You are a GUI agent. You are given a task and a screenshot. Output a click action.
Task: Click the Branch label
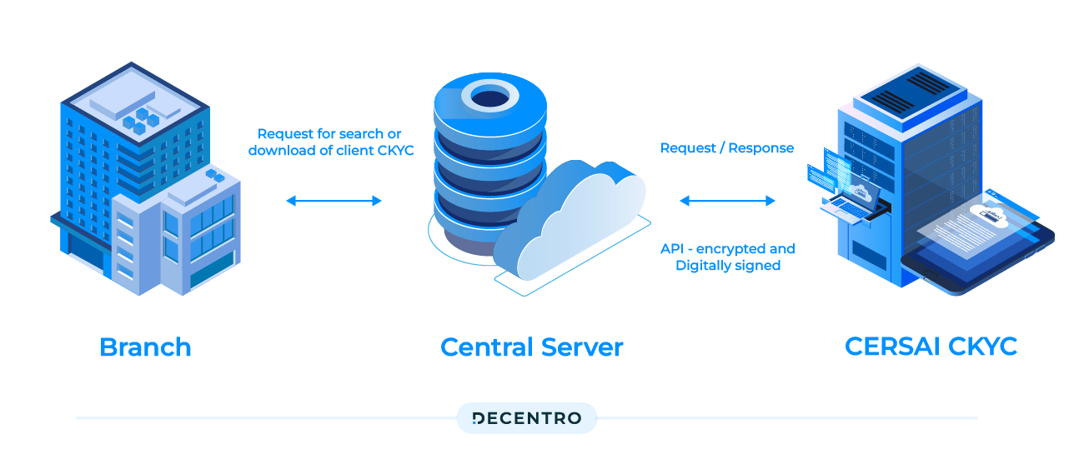[x=145, y=347]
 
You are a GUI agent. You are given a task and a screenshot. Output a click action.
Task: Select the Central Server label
[x=531, y=347]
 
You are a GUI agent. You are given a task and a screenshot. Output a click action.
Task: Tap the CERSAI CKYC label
[x=931, y=346]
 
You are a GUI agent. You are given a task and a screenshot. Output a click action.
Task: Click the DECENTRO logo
[x=526, y=418]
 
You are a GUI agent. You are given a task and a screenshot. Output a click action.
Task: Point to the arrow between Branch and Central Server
[x=334, y=201]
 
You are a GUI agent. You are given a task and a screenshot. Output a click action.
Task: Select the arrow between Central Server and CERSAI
[x=727, y=201]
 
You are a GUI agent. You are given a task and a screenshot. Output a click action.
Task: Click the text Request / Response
[x=726, y=148]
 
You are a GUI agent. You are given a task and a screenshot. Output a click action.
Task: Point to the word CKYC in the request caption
[x=394, y=151]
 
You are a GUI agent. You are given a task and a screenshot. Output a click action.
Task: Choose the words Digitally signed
[x=727, y=266]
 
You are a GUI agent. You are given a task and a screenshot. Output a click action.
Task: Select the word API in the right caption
[x=672, y=249]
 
